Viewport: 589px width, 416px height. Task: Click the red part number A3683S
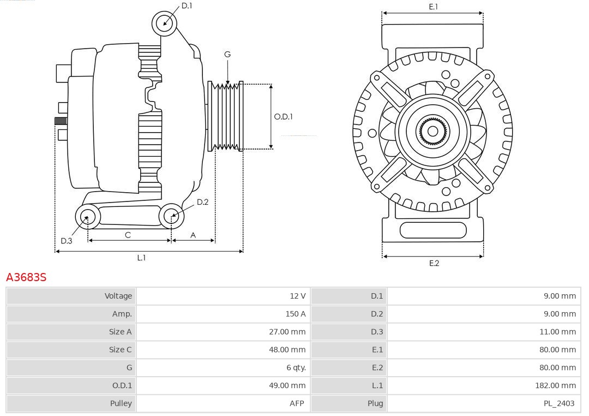[x=26, y=277]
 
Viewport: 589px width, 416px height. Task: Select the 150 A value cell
[x=295, y=314]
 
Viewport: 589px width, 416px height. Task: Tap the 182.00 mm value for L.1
[x=555, y=385]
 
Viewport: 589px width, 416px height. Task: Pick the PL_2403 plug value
[x=560, y=403]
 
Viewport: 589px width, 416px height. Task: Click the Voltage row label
[x=118, y=296]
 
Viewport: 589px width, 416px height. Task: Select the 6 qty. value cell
[x=296, y=367]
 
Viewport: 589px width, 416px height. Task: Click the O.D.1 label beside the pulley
[x=284, y=116]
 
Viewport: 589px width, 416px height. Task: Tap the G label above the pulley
[x=227, y=54]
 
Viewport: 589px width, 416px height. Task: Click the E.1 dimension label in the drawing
[x=434, y=7]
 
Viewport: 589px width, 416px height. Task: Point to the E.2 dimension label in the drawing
[x=434, y=264]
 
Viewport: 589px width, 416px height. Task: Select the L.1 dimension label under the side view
[x=141, y=258]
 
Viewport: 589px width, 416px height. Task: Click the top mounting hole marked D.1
[x=164, y=23]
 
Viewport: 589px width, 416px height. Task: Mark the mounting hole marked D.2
[x=171, y=217]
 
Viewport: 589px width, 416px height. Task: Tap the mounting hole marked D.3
[x=87, y=217]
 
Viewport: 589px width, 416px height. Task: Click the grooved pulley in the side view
[x=226, y=116]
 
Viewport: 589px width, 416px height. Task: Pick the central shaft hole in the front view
[x=432, y=131]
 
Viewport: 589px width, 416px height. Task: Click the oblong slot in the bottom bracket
[x=433, y=230]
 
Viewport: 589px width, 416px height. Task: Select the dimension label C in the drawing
[x=128, y=235]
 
